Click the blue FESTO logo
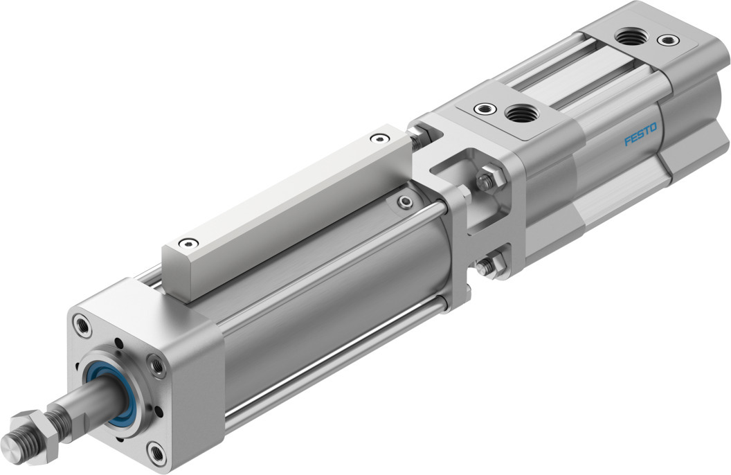tap(643, 135)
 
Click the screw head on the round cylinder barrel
tap(405, 201)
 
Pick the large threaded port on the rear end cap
tap(630, 35)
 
